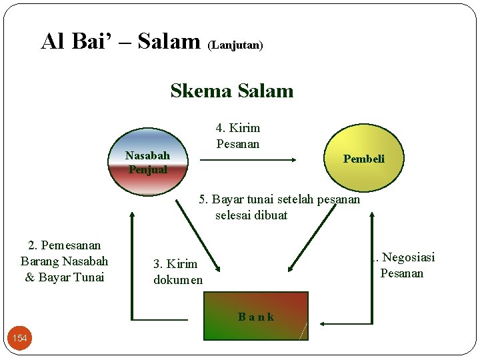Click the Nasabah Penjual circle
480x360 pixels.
(148, 162)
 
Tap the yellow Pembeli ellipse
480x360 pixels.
(364, 159)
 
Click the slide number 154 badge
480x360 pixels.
(20, 339)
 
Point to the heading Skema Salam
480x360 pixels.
(231, 91)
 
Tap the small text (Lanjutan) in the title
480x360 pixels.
(235, 45)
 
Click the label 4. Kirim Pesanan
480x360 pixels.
(238, 136)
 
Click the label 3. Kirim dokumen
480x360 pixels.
(178, 272)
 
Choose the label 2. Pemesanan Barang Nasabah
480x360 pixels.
(65, 253)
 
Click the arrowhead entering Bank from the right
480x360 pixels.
(323, 323)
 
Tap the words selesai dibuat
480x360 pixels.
(251, 215)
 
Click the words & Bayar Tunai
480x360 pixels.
(65, 277)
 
